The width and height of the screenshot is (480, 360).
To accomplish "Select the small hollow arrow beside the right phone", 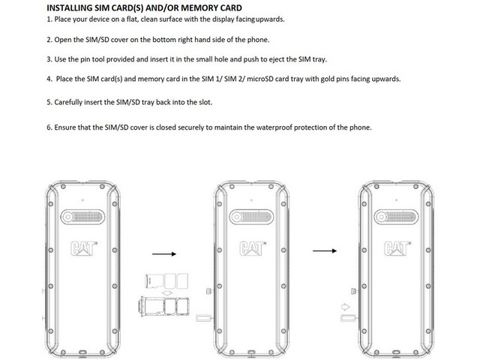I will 345,306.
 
